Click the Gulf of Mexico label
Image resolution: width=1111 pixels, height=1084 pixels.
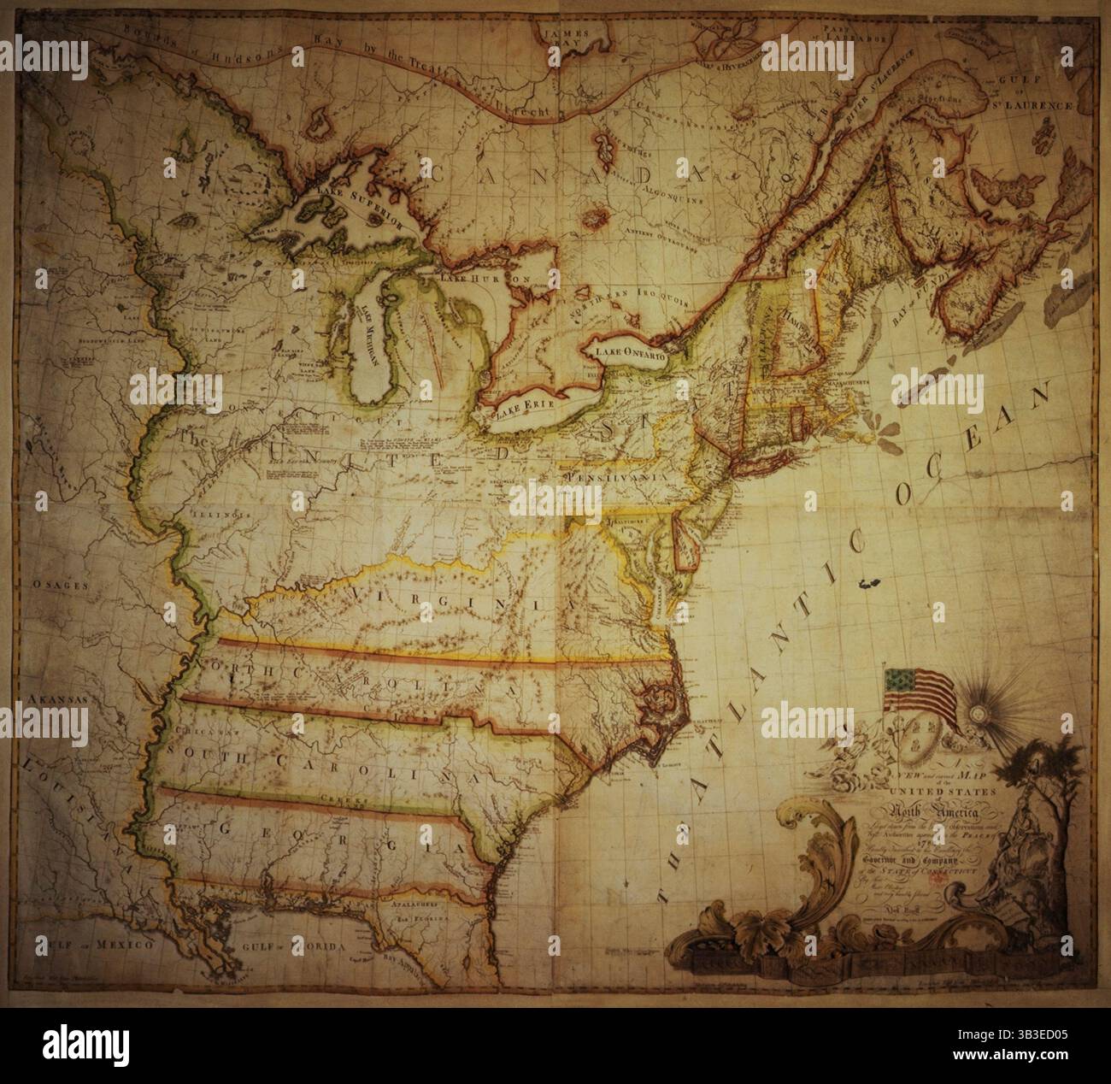click(90, 946)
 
